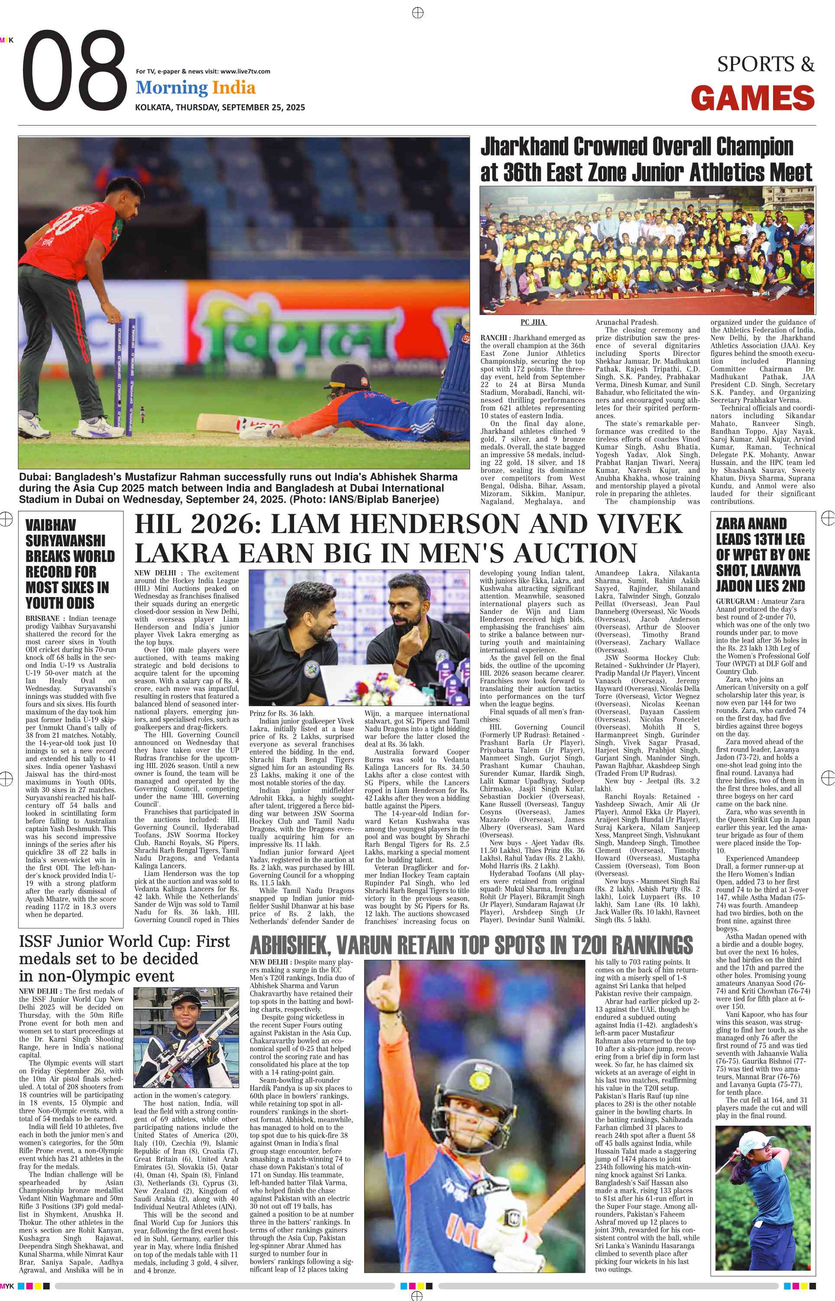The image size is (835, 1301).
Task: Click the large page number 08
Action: click(74, 71)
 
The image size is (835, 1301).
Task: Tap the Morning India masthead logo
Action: click(195, 88)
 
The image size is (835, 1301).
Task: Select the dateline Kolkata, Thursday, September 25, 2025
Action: click(220, 107)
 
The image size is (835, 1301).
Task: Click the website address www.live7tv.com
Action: click(245, 71)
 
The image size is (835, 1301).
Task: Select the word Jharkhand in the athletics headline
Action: click(524, 147)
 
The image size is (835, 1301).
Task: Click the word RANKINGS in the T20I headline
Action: click(651, 946)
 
